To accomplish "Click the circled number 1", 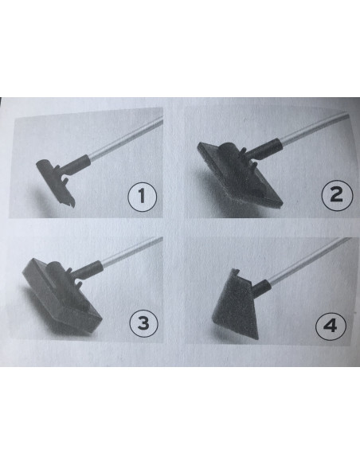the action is (142, 197).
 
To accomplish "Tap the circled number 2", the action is (337, 195).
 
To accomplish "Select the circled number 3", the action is (144, 323).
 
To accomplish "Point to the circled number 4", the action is (331, 326).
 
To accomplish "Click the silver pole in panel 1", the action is (126, 138).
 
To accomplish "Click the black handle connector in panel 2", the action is (263, 150).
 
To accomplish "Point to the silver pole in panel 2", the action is (313, 127).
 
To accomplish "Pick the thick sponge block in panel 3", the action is (62, 296).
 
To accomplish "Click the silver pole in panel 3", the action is (132, 252).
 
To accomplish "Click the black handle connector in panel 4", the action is (261, 287).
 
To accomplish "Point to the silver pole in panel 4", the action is (310, 260).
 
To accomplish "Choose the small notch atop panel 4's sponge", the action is (235, 272).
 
